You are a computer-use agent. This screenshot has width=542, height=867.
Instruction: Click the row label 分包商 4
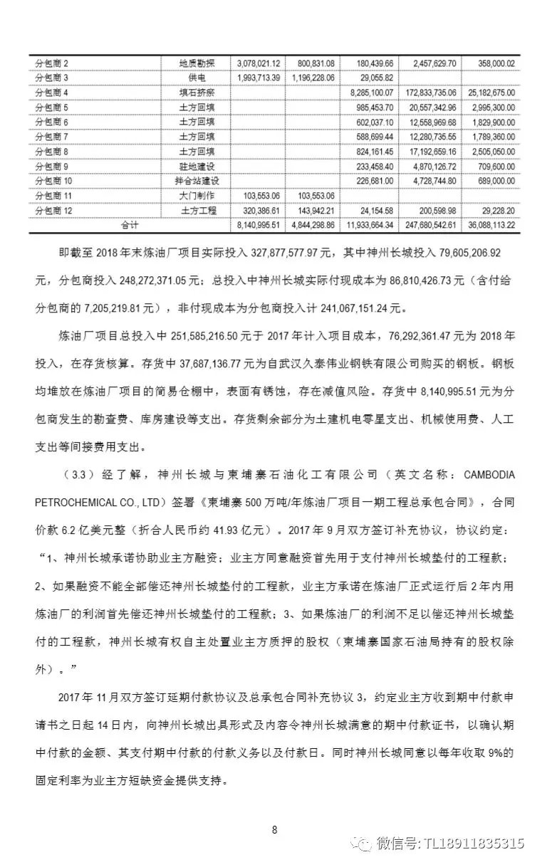pyautogui.click(x=52, y=93)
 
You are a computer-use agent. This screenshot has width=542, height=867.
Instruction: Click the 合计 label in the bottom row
pyautogui.click(x=129, y=225)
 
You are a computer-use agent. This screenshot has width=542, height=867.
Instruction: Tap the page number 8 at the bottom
pyautogui.click(x=274, y=829)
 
